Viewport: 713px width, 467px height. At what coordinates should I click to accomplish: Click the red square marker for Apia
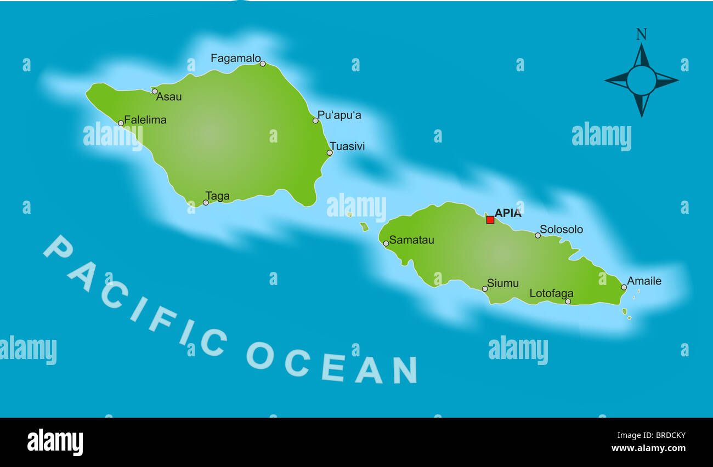point(490,220)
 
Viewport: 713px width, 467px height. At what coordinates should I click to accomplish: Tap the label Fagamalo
point(235,58)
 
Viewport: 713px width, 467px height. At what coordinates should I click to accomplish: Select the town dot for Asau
point(155,92)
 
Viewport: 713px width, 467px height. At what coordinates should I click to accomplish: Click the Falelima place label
point(145,119)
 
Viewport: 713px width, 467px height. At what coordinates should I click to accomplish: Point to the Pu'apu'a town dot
point(315,121)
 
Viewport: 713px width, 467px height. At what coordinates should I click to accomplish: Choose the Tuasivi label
point(347,146)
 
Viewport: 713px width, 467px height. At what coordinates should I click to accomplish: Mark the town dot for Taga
point(206,202)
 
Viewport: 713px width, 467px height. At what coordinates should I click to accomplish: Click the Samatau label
point(411,240)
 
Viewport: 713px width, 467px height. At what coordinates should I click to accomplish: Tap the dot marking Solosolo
point(537,235)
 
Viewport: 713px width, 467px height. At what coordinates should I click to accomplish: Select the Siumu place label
point(503,283)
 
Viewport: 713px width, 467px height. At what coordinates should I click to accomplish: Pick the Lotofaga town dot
point(568,301)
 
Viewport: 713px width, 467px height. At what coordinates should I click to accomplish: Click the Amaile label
point(644,281)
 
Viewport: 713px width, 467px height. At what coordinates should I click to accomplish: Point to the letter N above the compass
point(641,35)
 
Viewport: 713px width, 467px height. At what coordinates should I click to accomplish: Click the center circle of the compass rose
point(641,81)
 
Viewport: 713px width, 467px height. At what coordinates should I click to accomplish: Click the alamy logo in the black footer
point(55,442)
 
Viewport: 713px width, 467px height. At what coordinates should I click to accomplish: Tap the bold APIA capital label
point(508,213)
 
